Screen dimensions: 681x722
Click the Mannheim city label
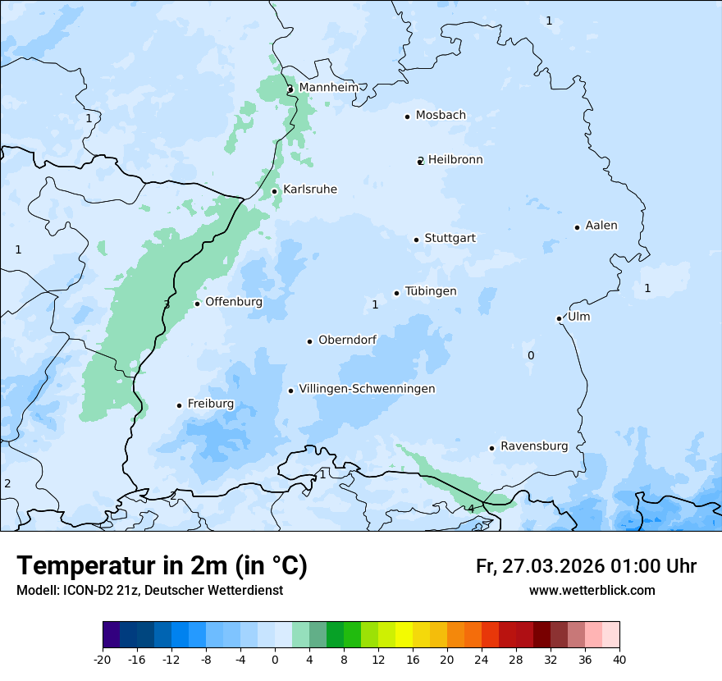click(328, 88)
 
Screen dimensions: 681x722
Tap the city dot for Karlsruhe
click(275, 191)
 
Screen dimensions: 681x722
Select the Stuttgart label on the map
click(450, 239)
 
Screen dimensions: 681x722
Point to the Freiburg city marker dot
click(179, 405)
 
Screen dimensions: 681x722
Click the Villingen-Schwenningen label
click(367, 389)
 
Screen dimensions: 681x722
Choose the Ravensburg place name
click(534, 446)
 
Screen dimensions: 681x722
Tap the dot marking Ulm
click(559, 318)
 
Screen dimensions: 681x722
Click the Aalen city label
click(601, 226)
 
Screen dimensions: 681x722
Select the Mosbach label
click(441, 116)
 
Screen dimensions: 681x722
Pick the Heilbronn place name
click(455, 160)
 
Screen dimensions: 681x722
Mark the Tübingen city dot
click(396, 293)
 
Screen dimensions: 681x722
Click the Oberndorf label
click(347, 340)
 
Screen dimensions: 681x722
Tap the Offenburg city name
click(234, 302)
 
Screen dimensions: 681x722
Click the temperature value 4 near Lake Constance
click(471, 509)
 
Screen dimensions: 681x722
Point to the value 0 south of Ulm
click(531, 355)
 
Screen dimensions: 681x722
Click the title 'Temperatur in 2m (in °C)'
click(162, 565)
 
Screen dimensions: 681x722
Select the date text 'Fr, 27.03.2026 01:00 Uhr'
click(586, 566)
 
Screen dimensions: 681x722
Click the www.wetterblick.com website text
click(592, 590)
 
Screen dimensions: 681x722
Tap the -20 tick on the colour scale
click(103, 659)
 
